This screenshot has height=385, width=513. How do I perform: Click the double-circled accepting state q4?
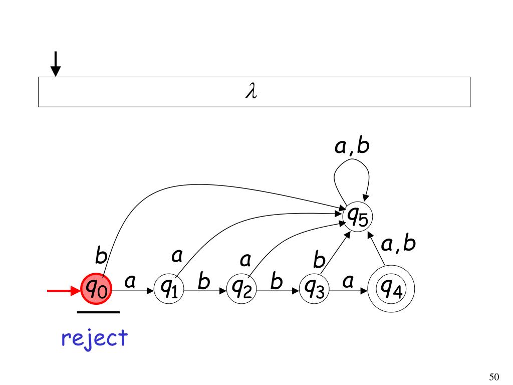click(391, 289)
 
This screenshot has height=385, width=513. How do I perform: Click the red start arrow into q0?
click(63, 290)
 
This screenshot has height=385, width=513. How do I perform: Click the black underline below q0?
click(98, 312)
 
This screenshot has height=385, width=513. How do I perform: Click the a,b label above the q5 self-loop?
click(351, 146)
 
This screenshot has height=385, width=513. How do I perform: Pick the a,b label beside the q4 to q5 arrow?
click(398, 244)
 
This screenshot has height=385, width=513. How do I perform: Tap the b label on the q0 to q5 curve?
click(101, 258)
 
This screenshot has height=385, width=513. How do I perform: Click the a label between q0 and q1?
click(130, 282)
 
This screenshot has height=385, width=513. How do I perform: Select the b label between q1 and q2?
click(203, 282)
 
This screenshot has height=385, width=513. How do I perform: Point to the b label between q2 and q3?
click(276, 282)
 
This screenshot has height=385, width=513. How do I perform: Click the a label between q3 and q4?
click(347, 282)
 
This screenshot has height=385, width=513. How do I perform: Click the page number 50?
click(494, 377)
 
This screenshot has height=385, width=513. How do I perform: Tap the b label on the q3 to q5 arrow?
click(319, 261)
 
